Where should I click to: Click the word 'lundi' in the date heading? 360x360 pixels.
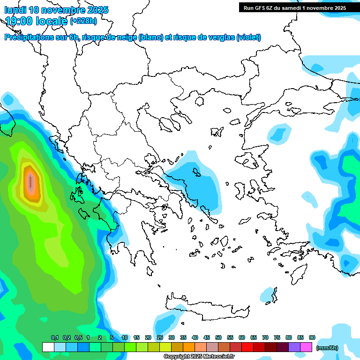pos(15,10)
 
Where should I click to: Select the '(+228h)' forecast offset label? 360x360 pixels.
pos(83,21)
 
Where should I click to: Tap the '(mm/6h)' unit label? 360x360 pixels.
pos(327,347)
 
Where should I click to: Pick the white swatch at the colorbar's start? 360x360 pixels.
pos(48,347)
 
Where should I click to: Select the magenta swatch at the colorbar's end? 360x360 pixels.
pos(306,347)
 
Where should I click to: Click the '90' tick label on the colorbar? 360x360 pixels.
pos(312,337)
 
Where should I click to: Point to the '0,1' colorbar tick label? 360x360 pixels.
pos(55,337)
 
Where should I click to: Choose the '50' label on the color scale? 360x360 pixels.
pos(218,337)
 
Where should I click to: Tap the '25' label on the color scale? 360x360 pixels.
pos(160,337)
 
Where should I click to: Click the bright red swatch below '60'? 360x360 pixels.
pos(247,347)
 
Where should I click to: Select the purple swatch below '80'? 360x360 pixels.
pos(294,347)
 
